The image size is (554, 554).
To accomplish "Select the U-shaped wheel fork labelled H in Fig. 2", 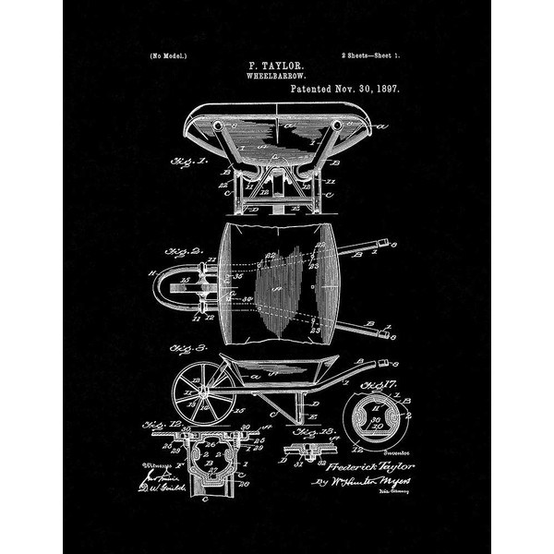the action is (x=171, y=291).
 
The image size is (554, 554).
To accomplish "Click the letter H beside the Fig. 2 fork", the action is (x=151, y=272).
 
